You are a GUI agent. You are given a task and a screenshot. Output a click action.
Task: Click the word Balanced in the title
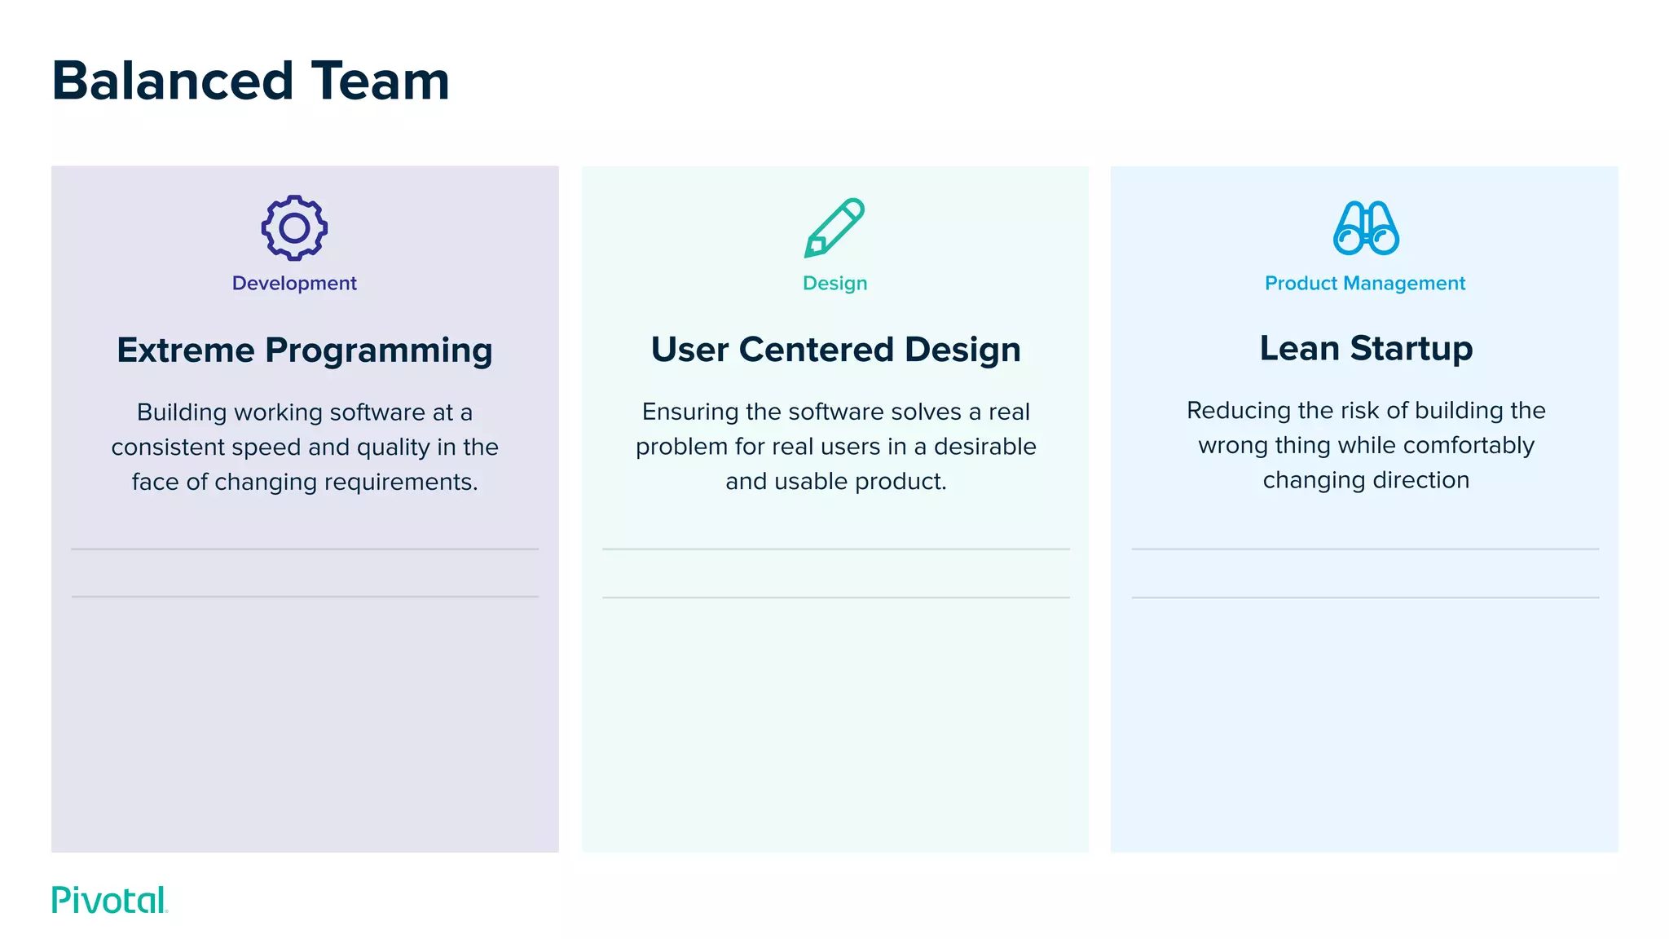(172, 82)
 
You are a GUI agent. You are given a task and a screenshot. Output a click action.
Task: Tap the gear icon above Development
(294, 228)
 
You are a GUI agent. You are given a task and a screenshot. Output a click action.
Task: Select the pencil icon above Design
(834, 228)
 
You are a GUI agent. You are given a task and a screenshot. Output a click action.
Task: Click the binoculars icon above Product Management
(1366, 228)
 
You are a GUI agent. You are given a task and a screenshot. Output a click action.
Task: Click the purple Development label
(294, 283)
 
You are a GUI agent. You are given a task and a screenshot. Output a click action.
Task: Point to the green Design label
(834, 283)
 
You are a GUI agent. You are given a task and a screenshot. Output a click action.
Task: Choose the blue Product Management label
(1365, 283)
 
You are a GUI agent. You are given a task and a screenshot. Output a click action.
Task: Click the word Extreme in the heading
(186, 350)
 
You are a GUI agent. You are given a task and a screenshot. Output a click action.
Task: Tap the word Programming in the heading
(379, 350)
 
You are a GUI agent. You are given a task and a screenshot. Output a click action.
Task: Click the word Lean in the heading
(1299, 348)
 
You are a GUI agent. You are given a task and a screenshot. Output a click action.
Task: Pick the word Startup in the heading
(1411, 348)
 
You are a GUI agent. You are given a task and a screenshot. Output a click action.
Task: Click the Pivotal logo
(109, 900)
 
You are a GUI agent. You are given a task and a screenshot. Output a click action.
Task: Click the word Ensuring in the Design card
(689, 412)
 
